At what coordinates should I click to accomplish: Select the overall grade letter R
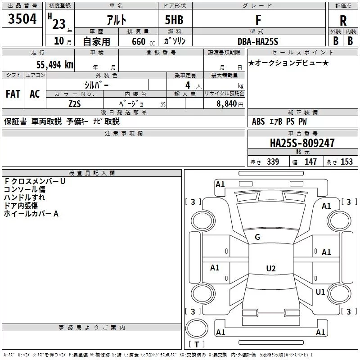click(343, 21)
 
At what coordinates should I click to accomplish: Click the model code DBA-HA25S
click(258, 41)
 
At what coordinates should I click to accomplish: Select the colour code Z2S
click(74, 103)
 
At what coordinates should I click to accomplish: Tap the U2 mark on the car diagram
click(270, 269)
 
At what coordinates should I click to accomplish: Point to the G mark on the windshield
click(257, 237)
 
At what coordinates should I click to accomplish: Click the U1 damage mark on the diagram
click(320, 292)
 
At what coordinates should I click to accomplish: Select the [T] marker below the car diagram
click(197, 345)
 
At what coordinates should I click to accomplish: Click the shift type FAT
click(13, 94)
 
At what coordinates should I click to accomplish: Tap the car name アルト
click(116, 20)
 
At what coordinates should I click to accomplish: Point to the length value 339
click(273, 162)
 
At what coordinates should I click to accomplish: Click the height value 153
click(346, 162)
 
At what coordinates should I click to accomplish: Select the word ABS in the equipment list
click(258, 121)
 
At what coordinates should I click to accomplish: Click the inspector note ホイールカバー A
click(31, 214)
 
